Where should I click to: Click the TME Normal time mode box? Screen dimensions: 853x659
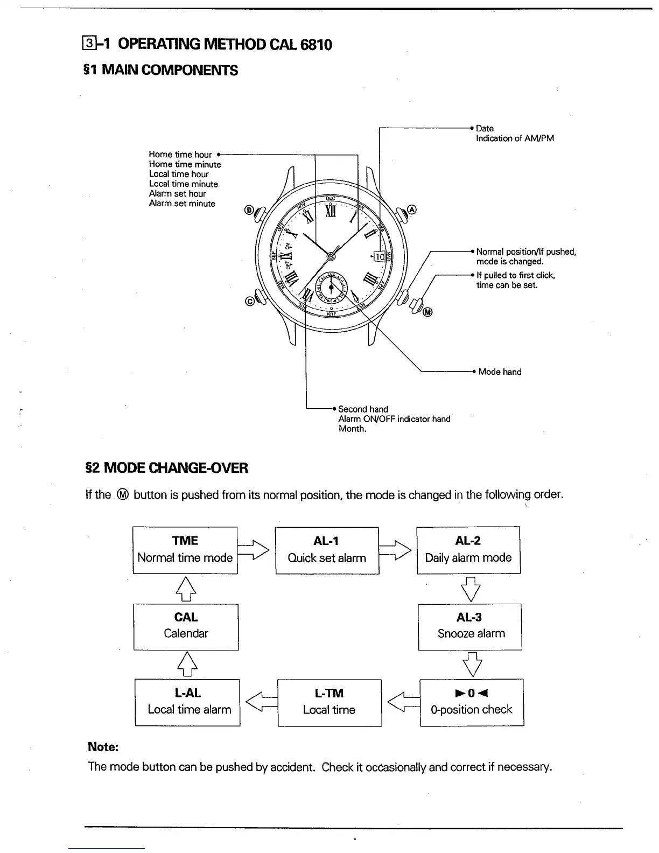185,550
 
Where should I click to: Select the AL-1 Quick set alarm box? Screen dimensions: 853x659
327,550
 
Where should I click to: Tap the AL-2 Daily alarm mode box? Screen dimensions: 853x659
468,550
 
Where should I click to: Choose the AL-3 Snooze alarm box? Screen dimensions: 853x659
470,626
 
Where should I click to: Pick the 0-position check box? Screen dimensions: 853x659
471,702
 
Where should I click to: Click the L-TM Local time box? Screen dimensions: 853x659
329,702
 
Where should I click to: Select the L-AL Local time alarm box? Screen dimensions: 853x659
187,702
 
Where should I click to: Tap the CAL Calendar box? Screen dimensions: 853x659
186,626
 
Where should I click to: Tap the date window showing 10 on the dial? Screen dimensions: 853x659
379,257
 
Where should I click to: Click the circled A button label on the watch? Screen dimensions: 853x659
412,209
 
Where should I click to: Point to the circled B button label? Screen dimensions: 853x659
249,209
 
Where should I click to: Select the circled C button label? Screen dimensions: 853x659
249,301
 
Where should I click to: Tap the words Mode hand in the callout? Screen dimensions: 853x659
500,372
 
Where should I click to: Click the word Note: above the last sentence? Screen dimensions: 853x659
103,747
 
